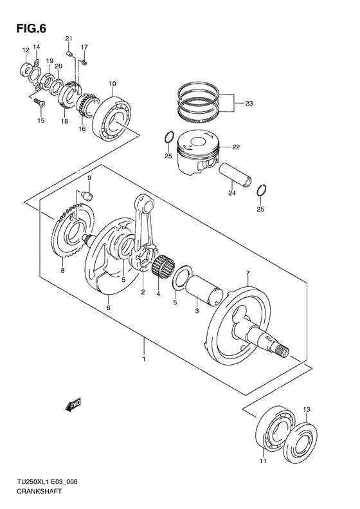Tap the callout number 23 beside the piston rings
coord(249,102)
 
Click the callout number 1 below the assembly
coord(145,359)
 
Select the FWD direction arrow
coord(71,407)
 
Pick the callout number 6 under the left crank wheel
coord(108,308)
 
